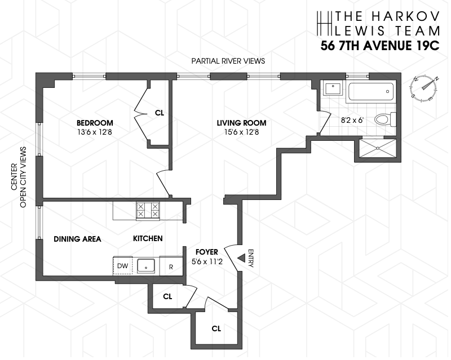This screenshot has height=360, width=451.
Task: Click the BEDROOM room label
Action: pos(95,123)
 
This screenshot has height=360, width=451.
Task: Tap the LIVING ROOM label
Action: pos(242,123)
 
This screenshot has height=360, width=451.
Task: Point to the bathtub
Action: pos(370,91)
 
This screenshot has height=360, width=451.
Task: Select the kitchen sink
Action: pos(147,265)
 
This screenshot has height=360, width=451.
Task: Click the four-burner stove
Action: pos(147,210)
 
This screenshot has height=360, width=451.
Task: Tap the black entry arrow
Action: pos(239,258)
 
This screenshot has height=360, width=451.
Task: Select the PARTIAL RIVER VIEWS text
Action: pos(228,61)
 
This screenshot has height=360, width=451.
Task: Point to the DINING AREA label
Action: pos(77,239)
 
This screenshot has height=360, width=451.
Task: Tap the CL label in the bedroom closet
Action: pos(159,113)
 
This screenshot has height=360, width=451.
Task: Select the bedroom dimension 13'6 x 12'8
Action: pos(95,134)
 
